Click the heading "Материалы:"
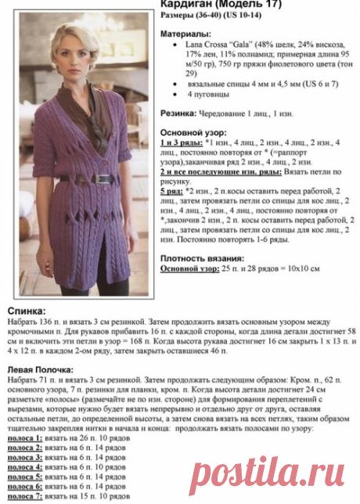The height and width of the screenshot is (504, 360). pyautogui.click(x=185, y=35)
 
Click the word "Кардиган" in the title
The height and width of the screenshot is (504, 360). pyautogui.click(x=189, y=4)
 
